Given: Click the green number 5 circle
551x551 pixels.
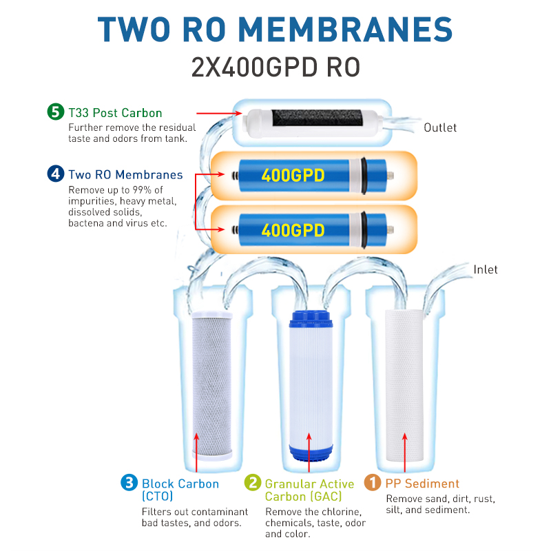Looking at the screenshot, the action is [x=56, y=112].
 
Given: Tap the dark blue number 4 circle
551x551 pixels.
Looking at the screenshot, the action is [x=56, y=174].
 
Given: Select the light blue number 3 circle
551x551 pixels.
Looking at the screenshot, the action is [x=129, y=483].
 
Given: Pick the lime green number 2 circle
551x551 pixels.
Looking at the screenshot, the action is [x=253, y=483].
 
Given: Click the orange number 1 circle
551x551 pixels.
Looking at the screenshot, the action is [x=373, y=482].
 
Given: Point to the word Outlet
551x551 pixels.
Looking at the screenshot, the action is [x=440, y=127].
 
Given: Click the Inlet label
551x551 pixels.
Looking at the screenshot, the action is [x=486, y=269].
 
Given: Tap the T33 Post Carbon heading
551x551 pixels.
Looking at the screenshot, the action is [x=115, y=113].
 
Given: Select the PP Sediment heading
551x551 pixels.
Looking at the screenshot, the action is [x=422, y=484].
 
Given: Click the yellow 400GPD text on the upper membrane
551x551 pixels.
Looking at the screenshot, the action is [x=293, y=175].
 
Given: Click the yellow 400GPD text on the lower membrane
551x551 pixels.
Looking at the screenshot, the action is [x=293, y=230].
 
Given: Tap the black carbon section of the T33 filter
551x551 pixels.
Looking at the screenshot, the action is [x=317, y=118].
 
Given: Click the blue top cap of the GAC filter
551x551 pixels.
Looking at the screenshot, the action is [x=311, y=319].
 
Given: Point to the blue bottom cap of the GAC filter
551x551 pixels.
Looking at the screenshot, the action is [x=311, y=453].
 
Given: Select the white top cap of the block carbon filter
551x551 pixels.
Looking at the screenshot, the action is [x=212, y=315].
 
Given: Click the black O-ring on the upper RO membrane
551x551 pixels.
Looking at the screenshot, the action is [x=364, y=176].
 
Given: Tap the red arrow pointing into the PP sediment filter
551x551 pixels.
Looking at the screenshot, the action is [x=405, y=453].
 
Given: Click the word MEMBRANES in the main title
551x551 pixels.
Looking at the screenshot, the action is [x=346, y=30].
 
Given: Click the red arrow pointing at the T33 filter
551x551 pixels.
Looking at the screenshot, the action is [x=219, y=113].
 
